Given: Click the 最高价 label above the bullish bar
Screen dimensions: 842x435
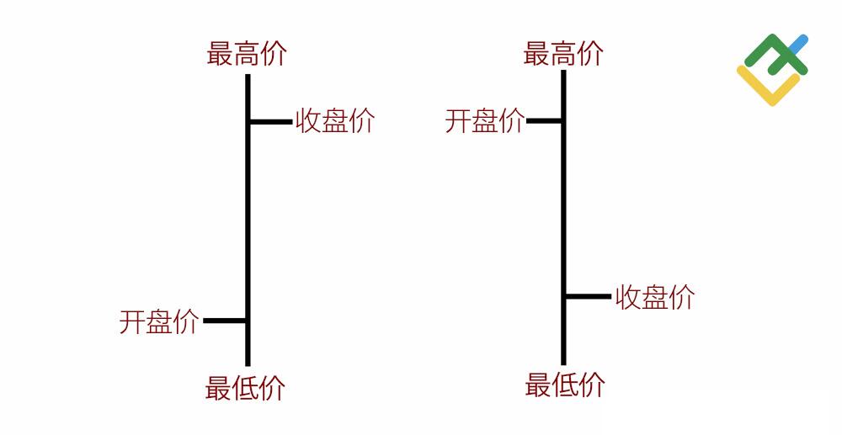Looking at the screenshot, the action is [247, 54].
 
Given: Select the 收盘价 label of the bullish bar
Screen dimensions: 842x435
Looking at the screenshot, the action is [334, 120].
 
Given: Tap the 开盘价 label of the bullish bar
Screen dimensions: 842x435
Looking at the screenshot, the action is [159, 321].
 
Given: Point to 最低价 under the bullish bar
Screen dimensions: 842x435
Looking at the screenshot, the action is [245, 388].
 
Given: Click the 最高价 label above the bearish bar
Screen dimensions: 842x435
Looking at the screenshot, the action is [563, 54].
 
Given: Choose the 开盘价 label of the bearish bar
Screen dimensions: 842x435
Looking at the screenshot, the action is [485, 120].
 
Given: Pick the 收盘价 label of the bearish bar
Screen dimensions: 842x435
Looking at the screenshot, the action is [654, 297].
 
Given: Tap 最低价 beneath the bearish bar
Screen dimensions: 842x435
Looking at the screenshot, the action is [565, 385].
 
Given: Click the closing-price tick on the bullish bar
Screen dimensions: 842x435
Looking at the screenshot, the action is [271, 122].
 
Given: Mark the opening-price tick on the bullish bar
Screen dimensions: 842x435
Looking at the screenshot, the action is [225, 321].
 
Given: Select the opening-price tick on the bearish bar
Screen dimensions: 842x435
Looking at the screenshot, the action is [544, 121].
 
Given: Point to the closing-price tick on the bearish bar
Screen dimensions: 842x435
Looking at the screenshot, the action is [589, 296].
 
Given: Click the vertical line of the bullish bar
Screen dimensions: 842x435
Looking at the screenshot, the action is [248, 220].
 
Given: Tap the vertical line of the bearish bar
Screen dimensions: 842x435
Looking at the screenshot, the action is [563, 217].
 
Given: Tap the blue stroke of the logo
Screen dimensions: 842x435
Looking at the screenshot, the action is [798, 44].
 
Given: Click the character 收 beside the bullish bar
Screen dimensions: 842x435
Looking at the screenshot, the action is [307, 120].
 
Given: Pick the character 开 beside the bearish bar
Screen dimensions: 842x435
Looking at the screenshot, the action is [458, 120].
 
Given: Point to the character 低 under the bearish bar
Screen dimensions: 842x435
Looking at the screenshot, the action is [565, 385].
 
